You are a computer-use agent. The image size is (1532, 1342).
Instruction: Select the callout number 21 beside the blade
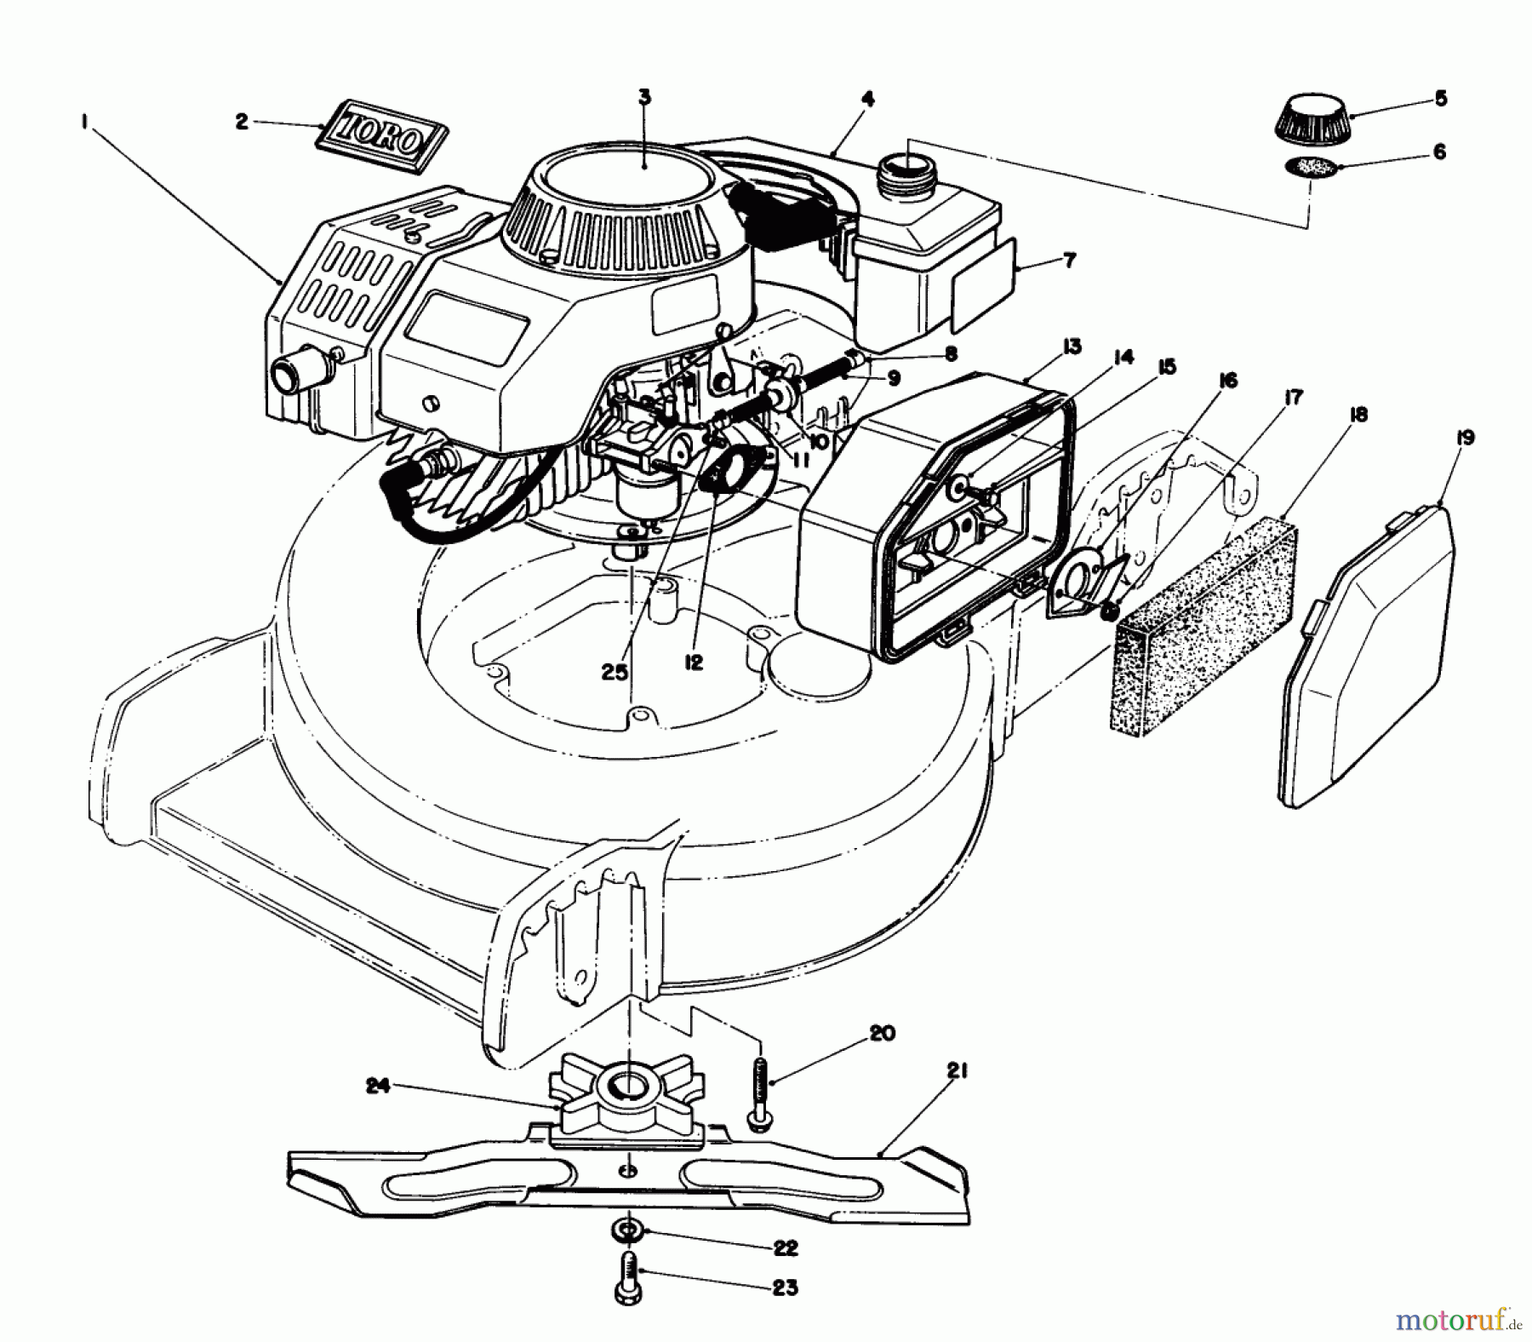click(957, 1073)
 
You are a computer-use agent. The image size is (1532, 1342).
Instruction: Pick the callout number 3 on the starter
click(644, 96)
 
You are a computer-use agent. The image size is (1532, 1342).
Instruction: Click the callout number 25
click(614, 673)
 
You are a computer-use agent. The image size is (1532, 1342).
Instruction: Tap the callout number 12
click(694, 662)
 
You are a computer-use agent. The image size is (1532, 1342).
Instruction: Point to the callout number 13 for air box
click(1071, 347)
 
